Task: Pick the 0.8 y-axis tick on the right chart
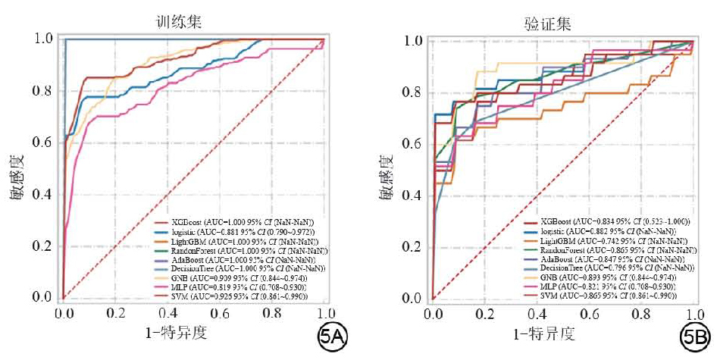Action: coord(413,92)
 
